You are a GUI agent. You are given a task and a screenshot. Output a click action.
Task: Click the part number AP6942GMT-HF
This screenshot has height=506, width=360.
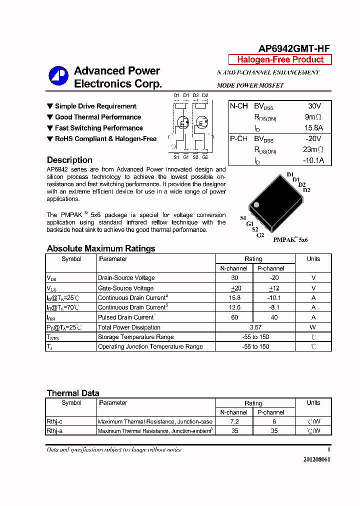pos(294,48)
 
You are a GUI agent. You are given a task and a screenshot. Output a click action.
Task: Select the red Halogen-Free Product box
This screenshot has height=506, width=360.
pos(280,59)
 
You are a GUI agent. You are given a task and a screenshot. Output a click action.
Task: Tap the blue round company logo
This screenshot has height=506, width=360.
pos(58,76)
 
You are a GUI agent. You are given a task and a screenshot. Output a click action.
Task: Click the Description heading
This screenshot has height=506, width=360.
pos(69,160)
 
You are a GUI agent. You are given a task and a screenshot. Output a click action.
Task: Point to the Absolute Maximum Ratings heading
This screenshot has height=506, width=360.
pos(101,248)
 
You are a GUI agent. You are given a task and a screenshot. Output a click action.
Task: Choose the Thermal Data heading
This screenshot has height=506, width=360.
pos(73,393)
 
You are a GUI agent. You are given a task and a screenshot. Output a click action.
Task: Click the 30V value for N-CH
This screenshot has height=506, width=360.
pos(314,106)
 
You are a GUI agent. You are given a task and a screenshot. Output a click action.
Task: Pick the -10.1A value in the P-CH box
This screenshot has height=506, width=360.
pos(313,160)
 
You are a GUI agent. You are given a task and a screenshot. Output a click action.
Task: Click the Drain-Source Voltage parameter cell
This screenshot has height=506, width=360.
pos(126,278)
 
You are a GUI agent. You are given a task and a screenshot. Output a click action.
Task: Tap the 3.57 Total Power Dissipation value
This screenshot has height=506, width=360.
pos(255,327)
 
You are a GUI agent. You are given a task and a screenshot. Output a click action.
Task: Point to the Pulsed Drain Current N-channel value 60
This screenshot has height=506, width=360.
pos(234,317)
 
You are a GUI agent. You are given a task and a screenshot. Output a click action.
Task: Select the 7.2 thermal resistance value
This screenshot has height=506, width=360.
pos(234,421)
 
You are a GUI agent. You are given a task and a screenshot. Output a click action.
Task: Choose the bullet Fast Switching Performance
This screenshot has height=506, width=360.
pos(98,128)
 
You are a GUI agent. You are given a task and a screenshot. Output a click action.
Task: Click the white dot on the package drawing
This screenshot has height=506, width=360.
pos(256,204)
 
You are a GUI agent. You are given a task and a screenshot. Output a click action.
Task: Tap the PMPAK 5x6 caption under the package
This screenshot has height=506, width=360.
pos(290,240)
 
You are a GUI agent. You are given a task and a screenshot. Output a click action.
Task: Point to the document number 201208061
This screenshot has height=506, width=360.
pos(316,459)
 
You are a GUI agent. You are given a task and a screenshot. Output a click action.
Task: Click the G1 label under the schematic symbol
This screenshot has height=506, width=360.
pos(185,157)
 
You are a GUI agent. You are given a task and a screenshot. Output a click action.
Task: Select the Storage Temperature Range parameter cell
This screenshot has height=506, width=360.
pos(136,337)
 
